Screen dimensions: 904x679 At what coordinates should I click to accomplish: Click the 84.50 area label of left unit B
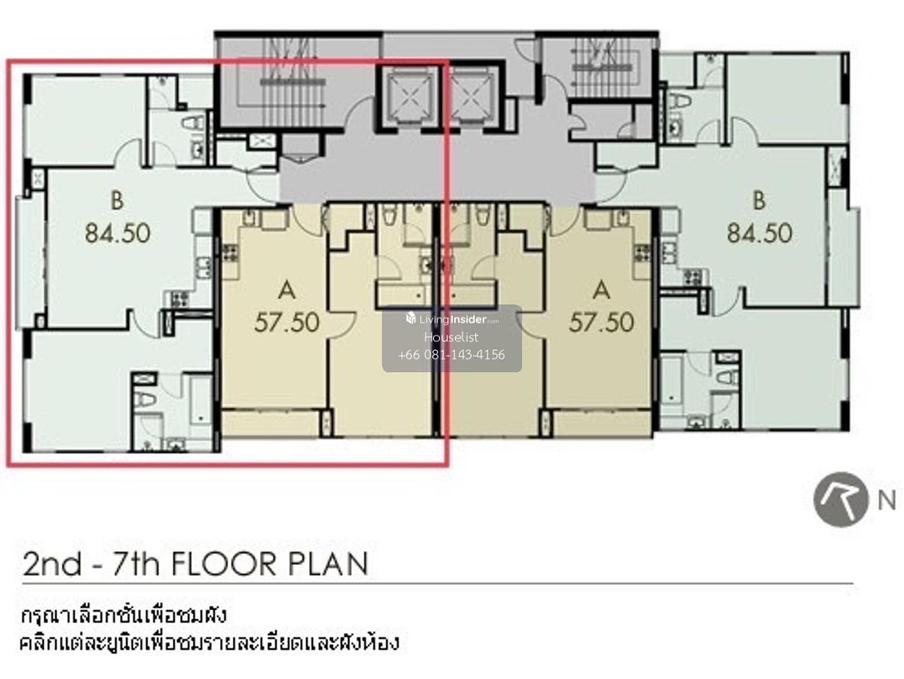[x=118, y=233]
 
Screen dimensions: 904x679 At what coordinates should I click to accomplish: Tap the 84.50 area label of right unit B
[x=759, y=233]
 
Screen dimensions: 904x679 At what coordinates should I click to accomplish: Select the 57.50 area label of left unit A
[x=287, y=323]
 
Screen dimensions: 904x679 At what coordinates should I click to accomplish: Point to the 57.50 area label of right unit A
[x=601, y=323]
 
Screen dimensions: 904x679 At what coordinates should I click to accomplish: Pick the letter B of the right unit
[x=759, y=201]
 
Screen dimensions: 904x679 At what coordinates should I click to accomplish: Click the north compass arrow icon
[x=841, y=500]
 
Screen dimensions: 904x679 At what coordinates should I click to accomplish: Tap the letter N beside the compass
[x=886, y=501]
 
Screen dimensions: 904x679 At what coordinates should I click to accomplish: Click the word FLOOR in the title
[x=223, y=564]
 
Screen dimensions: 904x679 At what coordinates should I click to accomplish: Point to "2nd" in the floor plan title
[x=52, y=564]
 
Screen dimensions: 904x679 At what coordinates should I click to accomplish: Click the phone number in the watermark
[x=451, y=354]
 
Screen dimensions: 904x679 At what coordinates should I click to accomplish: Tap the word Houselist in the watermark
[x=451, y=338]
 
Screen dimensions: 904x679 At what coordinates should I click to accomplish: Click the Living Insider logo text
[x=452, y=319]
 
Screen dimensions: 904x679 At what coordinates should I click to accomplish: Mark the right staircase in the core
[x=606, y=66]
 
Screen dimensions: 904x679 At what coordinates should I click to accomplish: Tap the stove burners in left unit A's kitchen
[x=230, y=253]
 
